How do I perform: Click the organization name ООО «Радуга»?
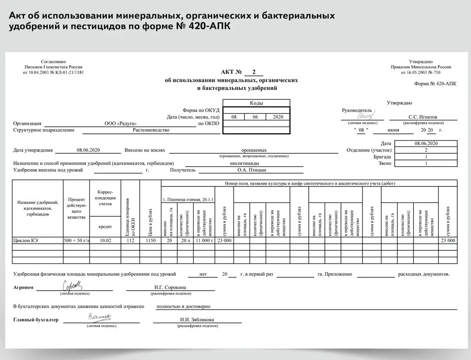click(120, 124)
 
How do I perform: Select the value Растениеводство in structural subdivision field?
click(151, 130)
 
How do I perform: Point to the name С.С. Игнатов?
click(423, 117)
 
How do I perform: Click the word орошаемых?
click(254, 150)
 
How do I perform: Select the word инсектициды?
click(244, 163)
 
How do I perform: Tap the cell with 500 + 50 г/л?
click(76, 240)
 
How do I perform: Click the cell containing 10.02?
click(105, 240)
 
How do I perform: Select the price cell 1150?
click(151, 240)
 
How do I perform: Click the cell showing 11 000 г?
click(204, 240)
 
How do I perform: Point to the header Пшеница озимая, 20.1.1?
click(188, 199)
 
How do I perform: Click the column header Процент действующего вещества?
click(76, 208)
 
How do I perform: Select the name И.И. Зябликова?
click(197, 320)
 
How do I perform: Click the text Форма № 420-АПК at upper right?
click(435, 84)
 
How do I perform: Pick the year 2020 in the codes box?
click(278, 117)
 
